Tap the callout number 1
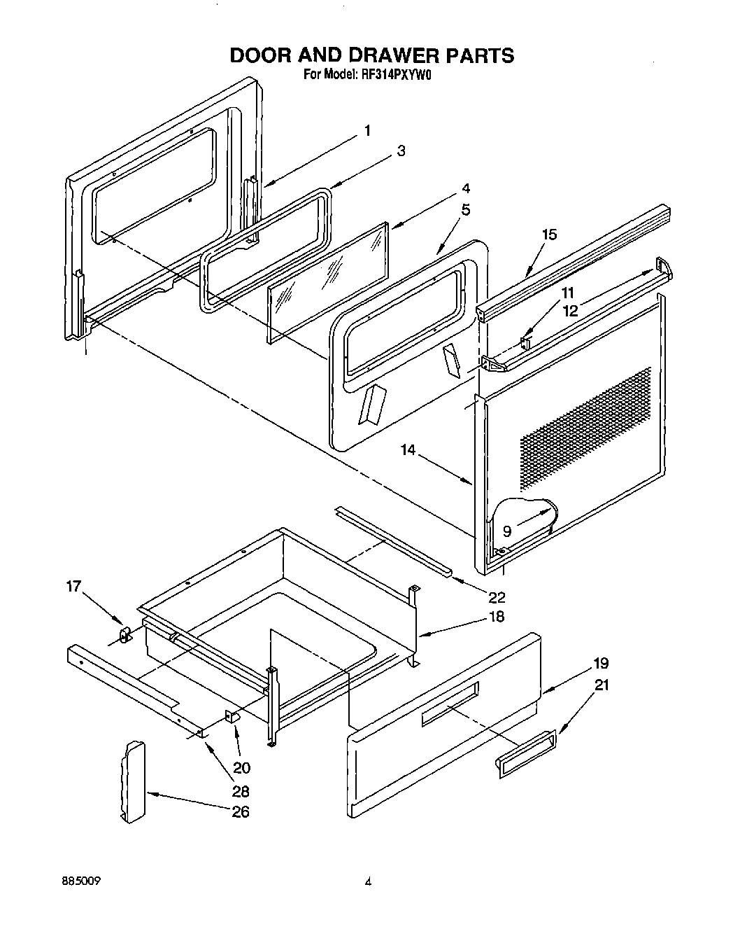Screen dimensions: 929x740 (367, 130)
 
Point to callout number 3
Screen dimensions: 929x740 (401, 151)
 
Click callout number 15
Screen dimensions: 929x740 (550, 235)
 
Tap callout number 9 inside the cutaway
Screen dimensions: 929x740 (506, 531)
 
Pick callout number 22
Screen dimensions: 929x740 (497, 597)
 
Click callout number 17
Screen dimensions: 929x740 (74, 587)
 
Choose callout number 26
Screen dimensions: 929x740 (241, 811)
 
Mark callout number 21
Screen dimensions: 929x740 (601, 685)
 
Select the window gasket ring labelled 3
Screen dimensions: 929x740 (266, 249)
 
